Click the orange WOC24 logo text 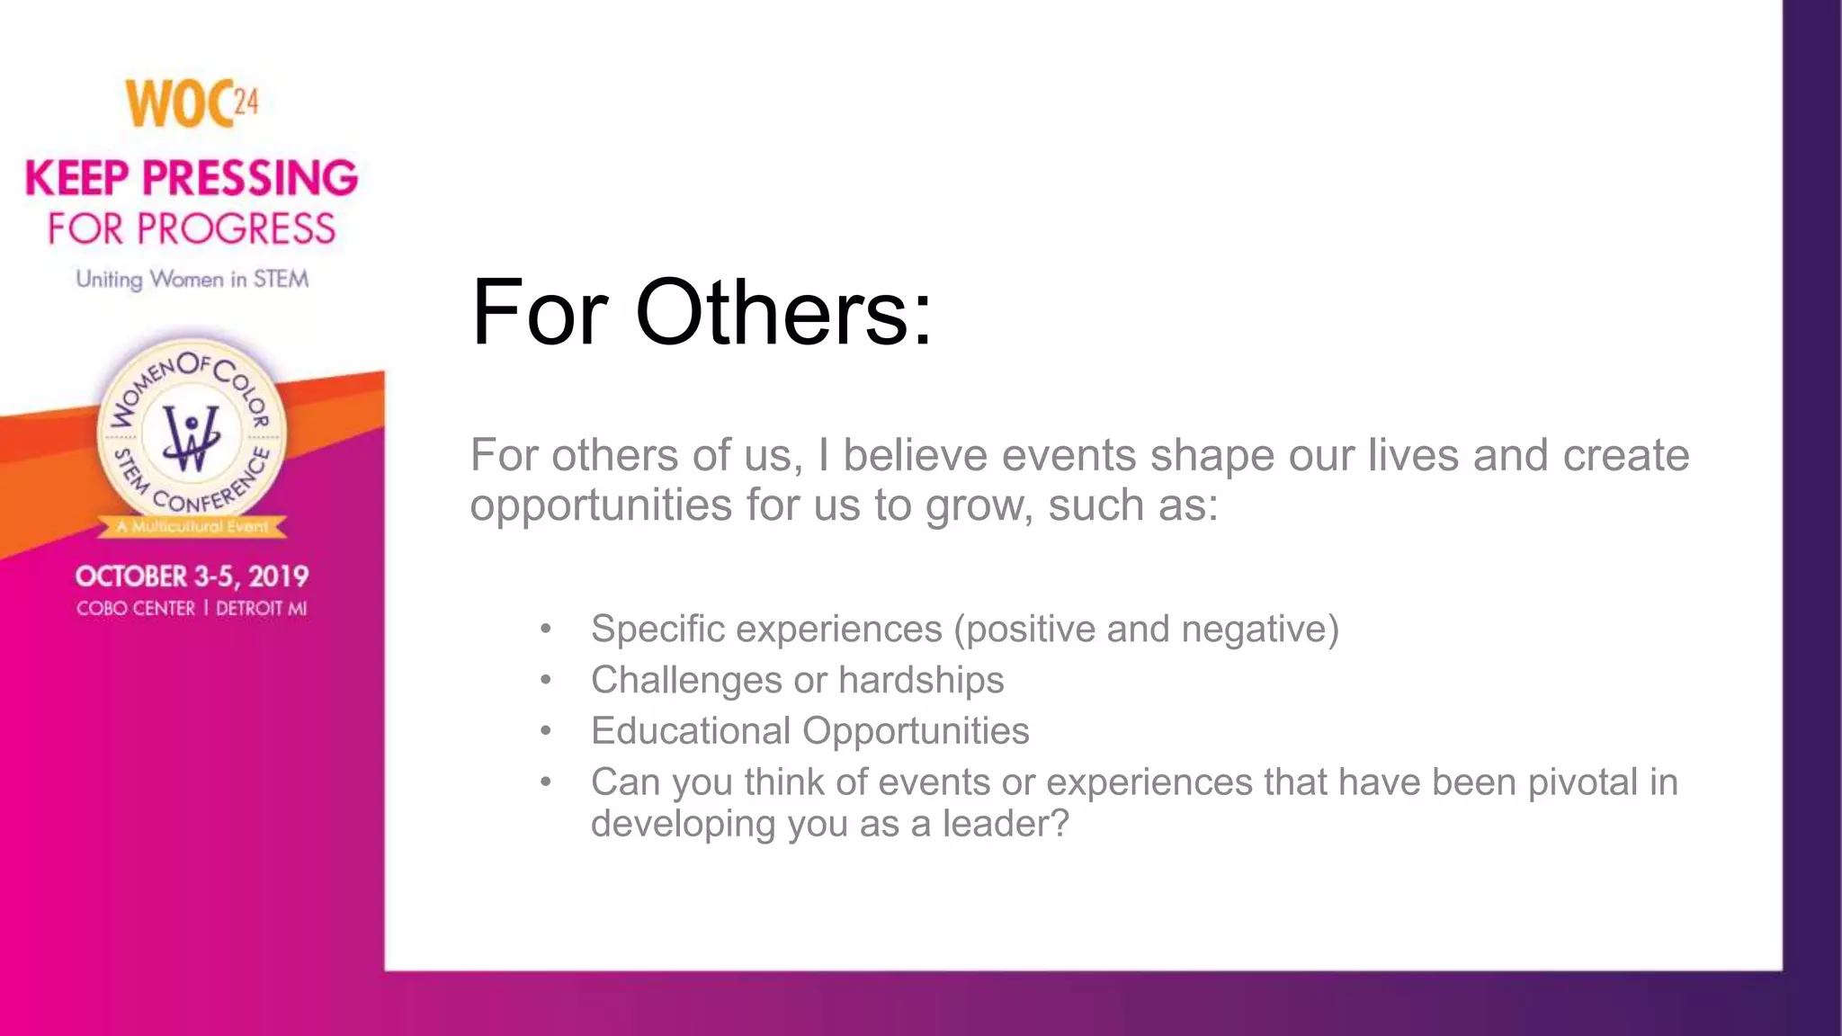point(191,103)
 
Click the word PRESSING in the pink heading point(250,178)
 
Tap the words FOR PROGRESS point(192,229)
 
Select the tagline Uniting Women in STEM point(192,280)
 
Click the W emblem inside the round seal point(191,437)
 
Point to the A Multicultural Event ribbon point(192,527)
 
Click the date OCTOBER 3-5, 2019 point(192,576)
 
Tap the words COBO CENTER point(136,609)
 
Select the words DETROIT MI point(262,609)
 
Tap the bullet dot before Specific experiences point(545,630)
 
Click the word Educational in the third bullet point(690,731)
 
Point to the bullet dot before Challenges point(545,681)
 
